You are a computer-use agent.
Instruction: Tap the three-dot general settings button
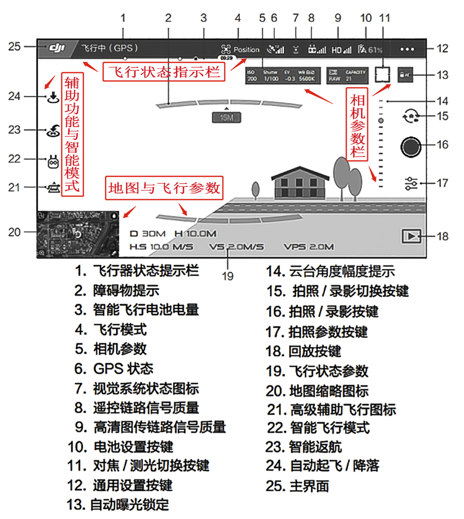click(x=407, y=49)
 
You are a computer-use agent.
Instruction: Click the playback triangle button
click(x=412, y=236)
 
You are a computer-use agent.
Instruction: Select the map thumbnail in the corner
click(x=78, y=234)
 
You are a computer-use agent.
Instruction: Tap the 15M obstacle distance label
click(x=226, y=117)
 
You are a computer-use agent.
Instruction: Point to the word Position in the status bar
click(x=246, y=50)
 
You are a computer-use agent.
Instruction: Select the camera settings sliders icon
click(x=411, y=183)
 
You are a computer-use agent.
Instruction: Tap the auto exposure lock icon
click(x=405, y=75)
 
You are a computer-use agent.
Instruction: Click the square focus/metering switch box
click(x=382, y=74)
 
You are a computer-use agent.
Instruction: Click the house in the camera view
click(x=299, y=183)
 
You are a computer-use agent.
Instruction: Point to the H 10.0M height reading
click(x=195, y=234)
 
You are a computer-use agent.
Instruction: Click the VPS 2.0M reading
click(x=308, y=247)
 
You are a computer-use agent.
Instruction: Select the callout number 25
click(x=14, y=46)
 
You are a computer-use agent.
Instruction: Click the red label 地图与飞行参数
click(x=164, y=188)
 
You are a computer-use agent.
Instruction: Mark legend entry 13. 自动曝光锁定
click(x=118, y=504)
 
